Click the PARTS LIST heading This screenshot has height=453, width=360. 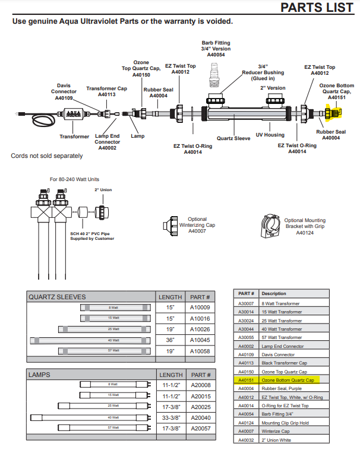pyautogui.click(x=317, y=7)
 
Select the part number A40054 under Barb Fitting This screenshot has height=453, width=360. pyautogui.click(x=216, y=55)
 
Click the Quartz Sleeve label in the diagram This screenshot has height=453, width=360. pyautogui.click(x=233, y=138)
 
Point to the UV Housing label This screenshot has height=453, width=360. pyautogui.click(x=270, y=135)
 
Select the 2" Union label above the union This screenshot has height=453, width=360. pyautogui.click(x=103, y=190)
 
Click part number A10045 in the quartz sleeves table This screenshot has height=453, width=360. pyautogui.click(x=200, y=340)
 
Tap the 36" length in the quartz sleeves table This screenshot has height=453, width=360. pyautogui.click(x=170, y=340)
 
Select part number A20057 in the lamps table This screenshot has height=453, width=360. pyautogui.click(x=200, y=427)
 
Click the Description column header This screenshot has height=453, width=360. pyautogui.click(x=274, y=293)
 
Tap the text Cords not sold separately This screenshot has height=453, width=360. pyautogui.click(x=47, y=156)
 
